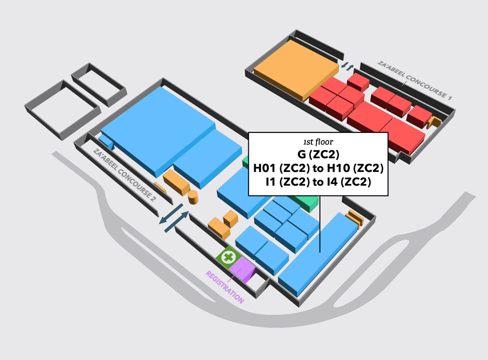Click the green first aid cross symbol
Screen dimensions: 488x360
(229, 257)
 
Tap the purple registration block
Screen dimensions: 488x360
(243, 270)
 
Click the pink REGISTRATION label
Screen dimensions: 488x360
(224, 287)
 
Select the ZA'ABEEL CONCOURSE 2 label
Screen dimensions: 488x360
(124, 175)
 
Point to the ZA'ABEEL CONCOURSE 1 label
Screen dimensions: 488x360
(415, 80)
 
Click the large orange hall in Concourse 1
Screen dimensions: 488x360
(296, 69)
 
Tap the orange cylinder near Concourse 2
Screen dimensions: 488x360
(193, 197)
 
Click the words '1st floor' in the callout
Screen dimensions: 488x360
(318, 142)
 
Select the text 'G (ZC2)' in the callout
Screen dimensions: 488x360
(318, 154)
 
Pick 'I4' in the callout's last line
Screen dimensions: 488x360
(330, 182)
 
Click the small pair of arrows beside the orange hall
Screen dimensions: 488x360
(347, 66)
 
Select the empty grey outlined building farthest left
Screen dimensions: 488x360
(63, 109)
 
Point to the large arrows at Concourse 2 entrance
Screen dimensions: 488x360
(174, 218)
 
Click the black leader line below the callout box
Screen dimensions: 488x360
(320, 224)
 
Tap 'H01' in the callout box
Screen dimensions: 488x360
(265, 168)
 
